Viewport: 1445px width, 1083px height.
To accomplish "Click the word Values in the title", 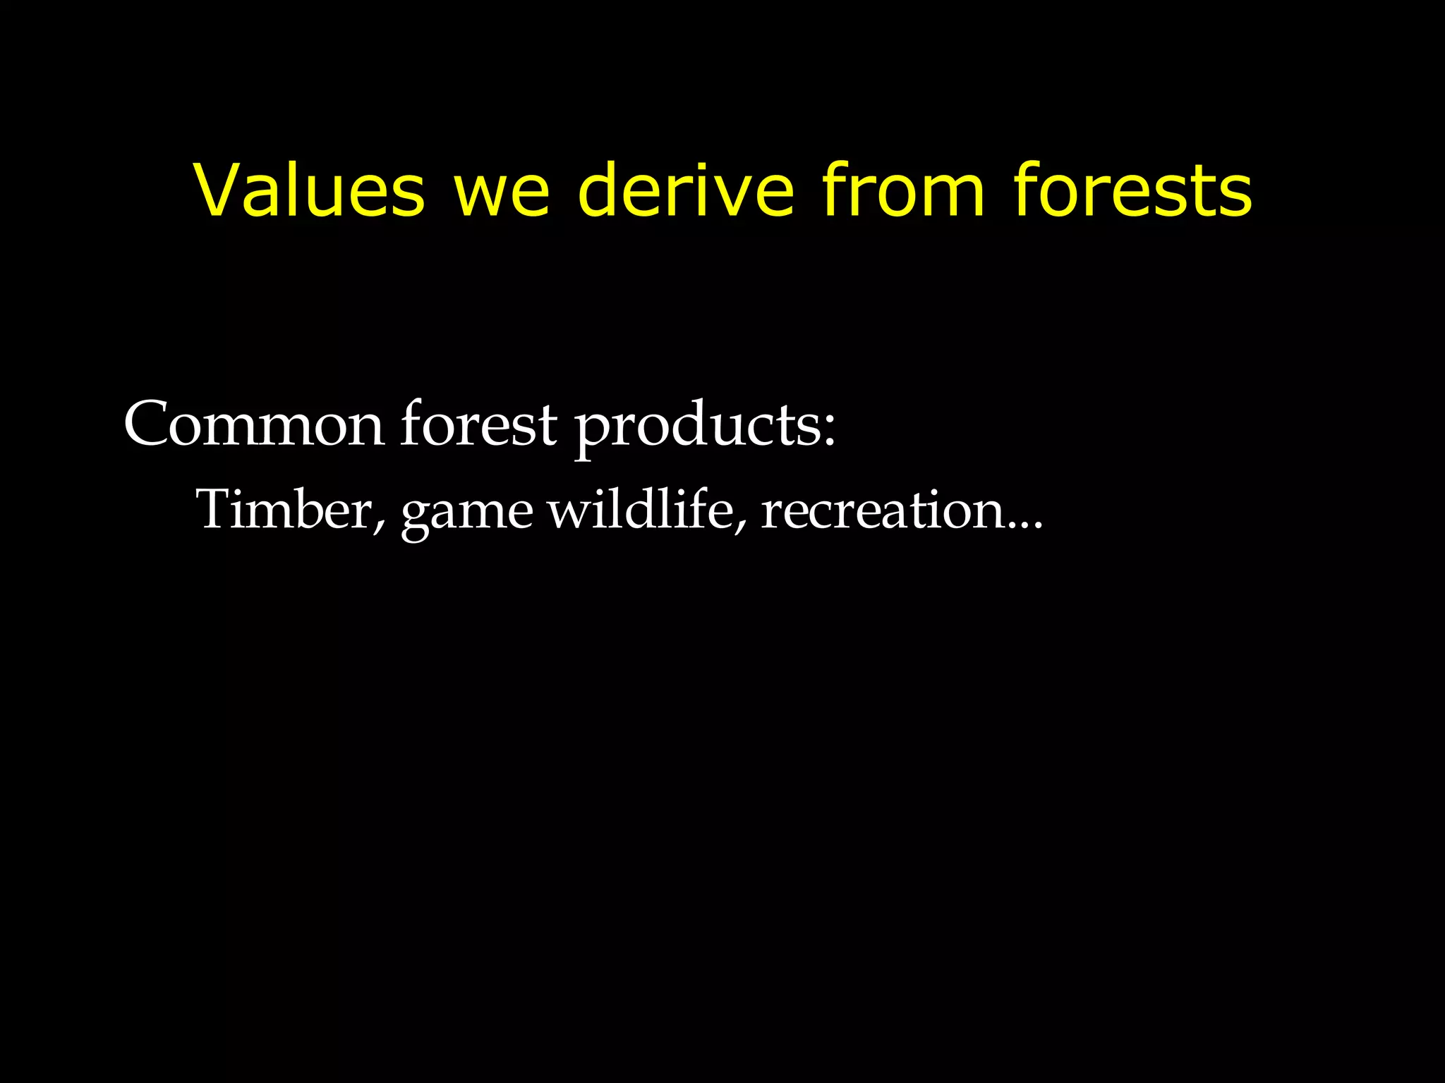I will click(x=310, y=190).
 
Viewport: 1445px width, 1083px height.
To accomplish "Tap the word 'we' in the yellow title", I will click(x=501, y=195).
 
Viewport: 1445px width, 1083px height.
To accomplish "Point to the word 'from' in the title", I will click(x=904, y=190).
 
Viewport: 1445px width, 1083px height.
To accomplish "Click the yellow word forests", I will click(x=1132, y=190).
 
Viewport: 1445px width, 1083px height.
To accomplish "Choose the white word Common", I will click(x=254, y=424).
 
